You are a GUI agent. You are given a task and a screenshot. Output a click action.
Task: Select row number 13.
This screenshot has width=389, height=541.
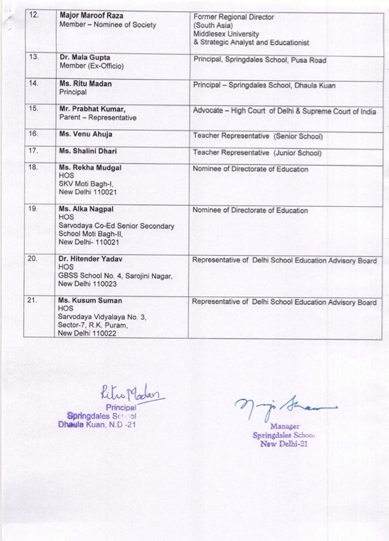(x=34, y=57)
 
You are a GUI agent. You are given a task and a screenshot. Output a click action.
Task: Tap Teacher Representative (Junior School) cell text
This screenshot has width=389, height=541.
(x=257, y=153)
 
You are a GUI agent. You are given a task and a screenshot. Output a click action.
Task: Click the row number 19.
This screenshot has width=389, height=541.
(x=34, y=209)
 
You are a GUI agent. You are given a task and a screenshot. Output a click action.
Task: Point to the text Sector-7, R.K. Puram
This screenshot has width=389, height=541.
(x=99, y=324)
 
